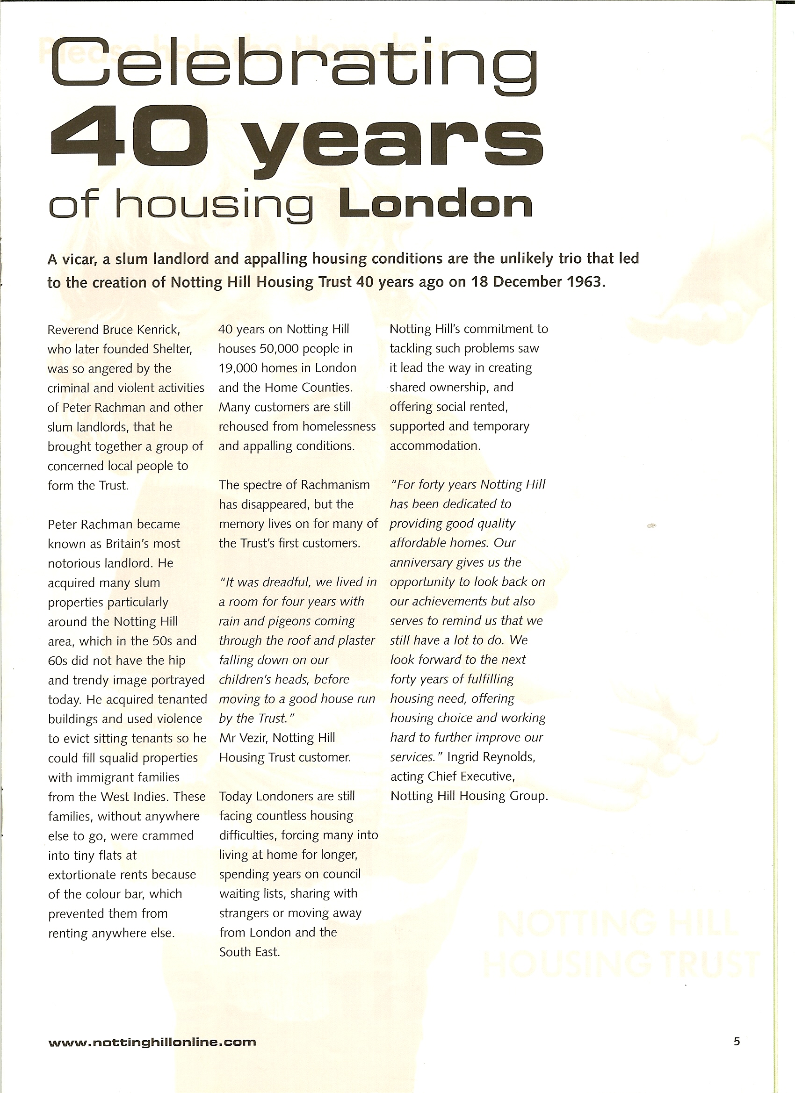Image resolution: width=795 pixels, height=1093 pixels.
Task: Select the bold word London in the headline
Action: click(436, 205)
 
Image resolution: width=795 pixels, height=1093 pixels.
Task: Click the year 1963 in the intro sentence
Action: click(584, 282)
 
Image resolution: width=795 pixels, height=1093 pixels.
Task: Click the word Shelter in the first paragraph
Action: click(172, 349)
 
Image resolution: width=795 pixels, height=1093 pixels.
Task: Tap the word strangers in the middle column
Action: click(245, 914)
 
